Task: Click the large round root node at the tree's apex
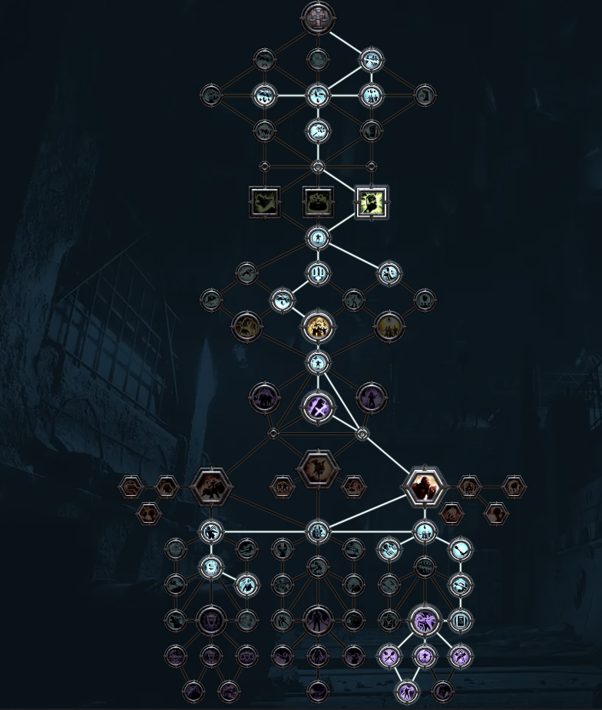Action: [x=317, y=18]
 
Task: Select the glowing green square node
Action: [x=372, y=202]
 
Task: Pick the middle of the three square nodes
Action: [x=318, y=202]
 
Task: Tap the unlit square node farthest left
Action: [x=265, y=202]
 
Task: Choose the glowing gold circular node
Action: [x=317, y=327]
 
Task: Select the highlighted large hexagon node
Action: [x=424, y=486]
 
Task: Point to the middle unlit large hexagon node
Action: [x=317, y=469]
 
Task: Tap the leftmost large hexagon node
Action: [x=210, y=486]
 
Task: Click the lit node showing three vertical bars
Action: [x=318, y=272]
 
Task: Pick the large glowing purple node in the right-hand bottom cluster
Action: [x=425, y=620]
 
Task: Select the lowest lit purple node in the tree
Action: [x=407, y=692]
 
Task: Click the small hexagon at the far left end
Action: [x=131, y=486]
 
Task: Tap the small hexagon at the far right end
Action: [x=514, y=486]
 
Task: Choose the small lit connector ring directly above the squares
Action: [x=318, y=167]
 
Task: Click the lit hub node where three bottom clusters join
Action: [x=317, y=531]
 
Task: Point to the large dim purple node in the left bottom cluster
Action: [x=210, y=620]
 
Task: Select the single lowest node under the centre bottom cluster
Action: [x=318, y=692]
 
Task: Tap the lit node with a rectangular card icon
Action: [x=461, y=620]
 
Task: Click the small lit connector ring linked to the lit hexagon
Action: [x=362, y=434]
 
